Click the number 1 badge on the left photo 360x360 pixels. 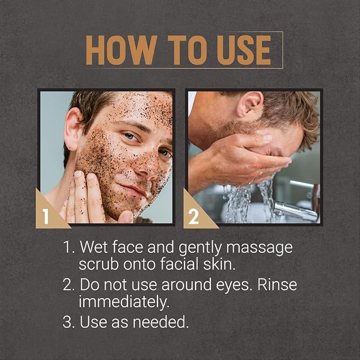[47, 215]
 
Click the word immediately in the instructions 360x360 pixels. [121, 301]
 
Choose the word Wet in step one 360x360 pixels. [95, 248]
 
